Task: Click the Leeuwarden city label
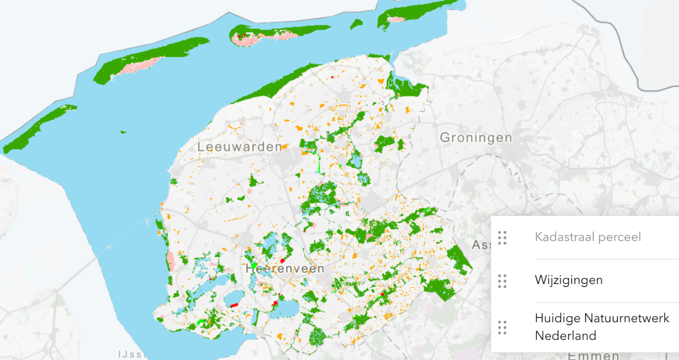pyautogui.click(x=239, y=146)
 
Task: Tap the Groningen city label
pyautogui.click(x=475, y=138)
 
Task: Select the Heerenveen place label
pyautogui.click(x=284, y=269)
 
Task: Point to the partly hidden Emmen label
pyautogui.click(x=593, y=355)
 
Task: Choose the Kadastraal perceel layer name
pyautogui.click(x=587, y=237)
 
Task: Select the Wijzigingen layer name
pyautogui.click(x=568, y=280)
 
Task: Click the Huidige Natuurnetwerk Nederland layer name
pyautogui.click(x=602, y=327)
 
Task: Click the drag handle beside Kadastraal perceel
pyautogui.click(x=502, y=238)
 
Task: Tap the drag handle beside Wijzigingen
pyautogui.click(x=502, y=281)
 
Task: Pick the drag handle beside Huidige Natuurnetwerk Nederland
pyautogui.click(x=502, y=327)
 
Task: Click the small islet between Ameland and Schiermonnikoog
pyautogui.click(x=356, y=24)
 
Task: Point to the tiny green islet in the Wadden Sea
pyautogui.click(x=123, y=132)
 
